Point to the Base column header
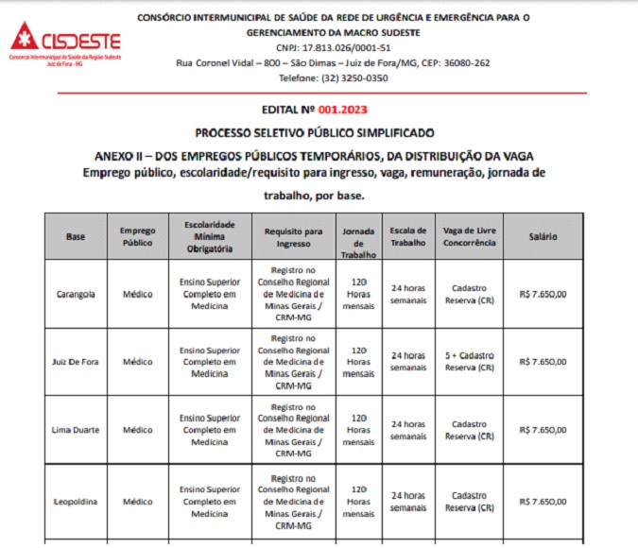coord(76,236)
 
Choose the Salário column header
coord(543,236)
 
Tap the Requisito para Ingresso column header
coord(293,236)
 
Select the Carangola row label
coord(76,294)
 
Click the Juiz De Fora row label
coord(76,362)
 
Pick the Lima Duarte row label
coord(76,430)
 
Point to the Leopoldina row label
coord(76,502)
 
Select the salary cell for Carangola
coord(543,294)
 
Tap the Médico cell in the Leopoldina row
coord(137,502)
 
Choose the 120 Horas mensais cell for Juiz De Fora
coord(358,362)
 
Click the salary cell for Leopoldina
coord(543,502)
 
